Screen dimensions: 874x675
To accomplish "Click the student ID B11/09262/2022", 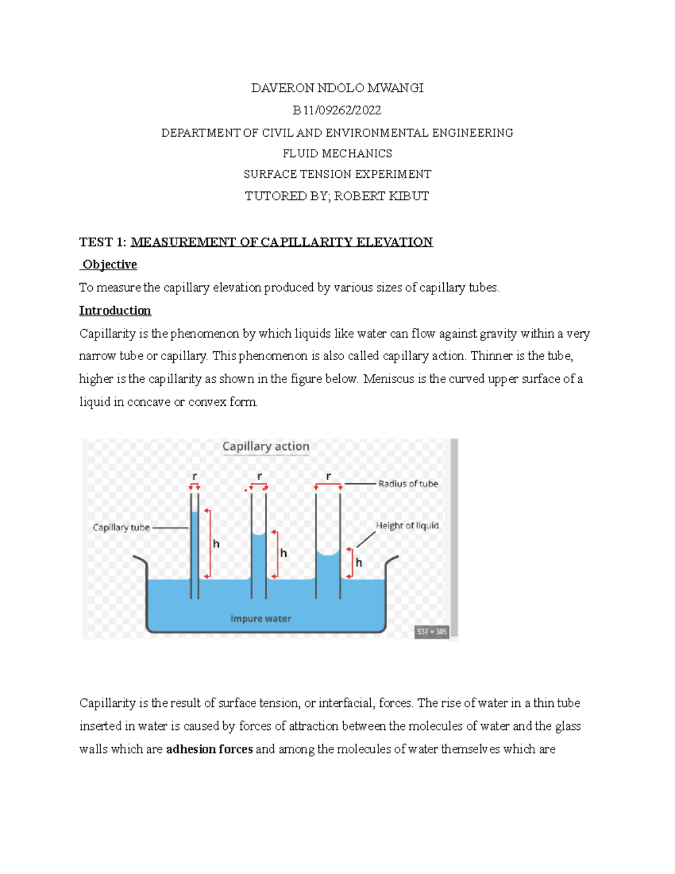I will coord(337,110).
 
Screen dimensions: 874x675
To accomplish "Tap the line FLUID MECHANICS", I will coord(337,154).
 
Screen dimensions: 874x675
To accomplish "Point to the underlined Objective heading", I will coord(110,265).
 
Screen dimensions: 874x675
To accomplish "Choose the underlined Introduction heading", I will coord(115,311).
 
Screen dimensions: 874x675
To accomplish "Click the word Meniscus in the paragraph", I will coord(389,379).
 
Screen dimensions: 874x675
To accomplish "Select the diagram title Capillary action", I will coord(265,446).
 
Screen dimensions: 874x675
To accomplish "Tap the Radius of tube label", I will coord(408,483).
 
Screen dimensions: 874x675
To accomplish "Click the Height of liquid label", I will coord(407,526).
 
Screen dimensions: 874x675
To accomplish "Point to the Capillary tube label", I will coord(121,527).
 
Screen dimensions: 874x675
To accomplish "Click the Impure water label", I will coord(260,618).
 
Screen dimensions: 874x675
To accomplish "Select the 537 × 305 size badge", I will coord(431,631).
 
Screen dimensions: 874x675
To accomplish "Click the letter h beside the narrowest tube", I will coord(216,544).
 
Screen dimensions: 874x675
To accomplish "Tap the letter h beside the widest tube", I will coord(358,562).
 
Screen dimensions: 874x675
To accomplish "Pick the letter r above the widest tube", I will coord(328,476).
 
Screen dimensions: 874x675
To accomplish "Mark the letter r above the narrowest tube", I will coord(195,476).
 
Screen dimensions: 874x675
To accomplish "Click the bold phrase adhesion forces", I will coord(209,749).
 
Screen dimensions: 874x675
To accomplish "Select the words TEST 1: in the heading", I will coord(103,242).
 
